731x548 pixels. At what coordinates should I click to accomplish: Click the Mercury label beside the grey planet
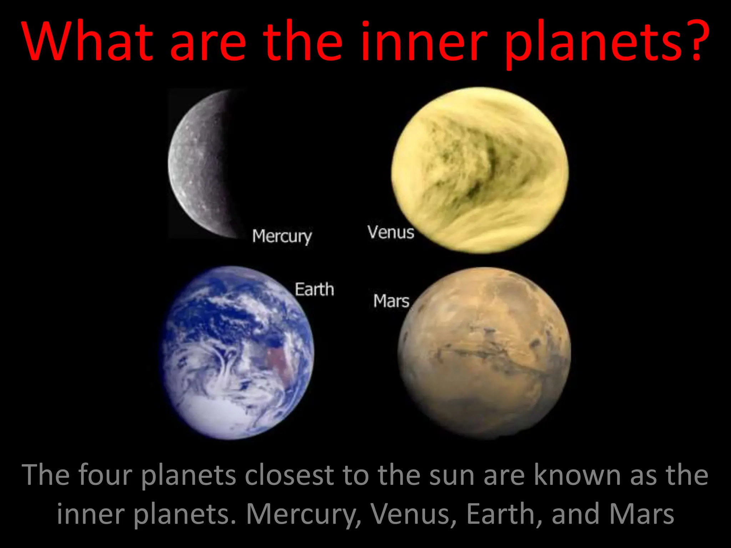tap(282, 236)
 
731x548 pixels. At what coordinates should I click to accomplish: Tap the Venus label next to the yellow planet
tap(391, 232)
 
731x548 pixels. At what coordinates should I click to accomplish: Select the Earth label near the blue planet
tap(314, 289)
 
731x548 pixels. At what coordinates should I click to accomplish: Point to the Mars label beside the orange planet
tap(391, 301)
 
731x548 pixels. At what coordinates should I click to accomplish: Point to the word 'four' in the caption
tap(105, 475)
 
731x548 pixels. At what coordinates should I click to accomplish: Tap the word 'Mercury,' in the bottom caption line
tap(304, 514)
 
